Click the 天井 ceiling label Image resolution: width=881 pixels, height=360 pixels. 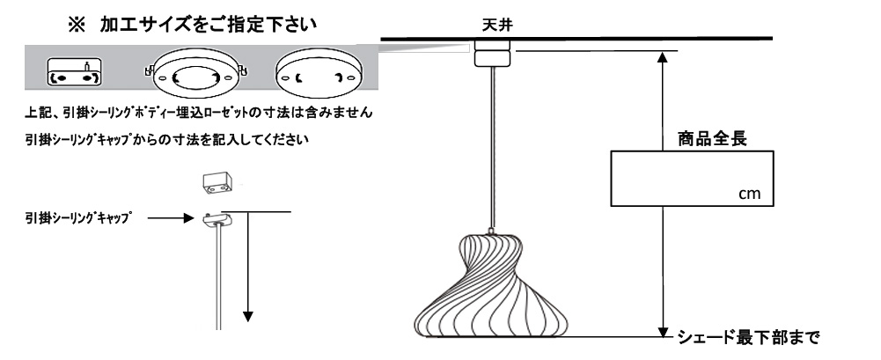[x=497, y=26]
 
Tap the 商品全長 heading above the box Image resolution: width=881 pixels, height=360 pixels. [x=712, y=139]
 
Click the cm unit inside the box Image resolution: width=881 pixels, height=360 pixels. [x=749, y=194]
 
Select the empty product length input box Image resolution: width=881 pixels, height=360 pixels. [x=692, y=178]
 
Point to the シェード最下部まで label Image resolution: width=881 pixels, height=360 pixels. [x=748, y=337]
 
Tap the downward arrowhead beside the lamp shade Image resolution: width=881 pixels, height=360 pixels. [x=664, y=331]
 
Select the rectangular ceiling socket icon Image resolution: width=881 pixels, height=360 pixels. [x=74, y=71]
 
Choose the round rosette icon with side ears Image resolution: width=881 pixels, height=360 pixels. [x=196, y=74]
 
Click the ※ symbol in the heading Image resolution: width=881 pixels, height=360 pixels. [x=76, y=26]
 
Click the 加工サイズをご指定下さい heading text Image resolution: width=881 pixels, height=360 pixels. [x=209, y=26]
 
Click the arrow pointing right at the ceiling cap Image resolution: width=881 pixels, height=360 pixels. [x=171, y=218]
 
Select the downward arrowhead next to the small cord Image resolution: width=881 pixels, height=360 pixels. [x=247, y=316]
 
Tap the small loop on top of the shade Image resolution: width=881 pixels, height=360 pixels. [x=492, y=231]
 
